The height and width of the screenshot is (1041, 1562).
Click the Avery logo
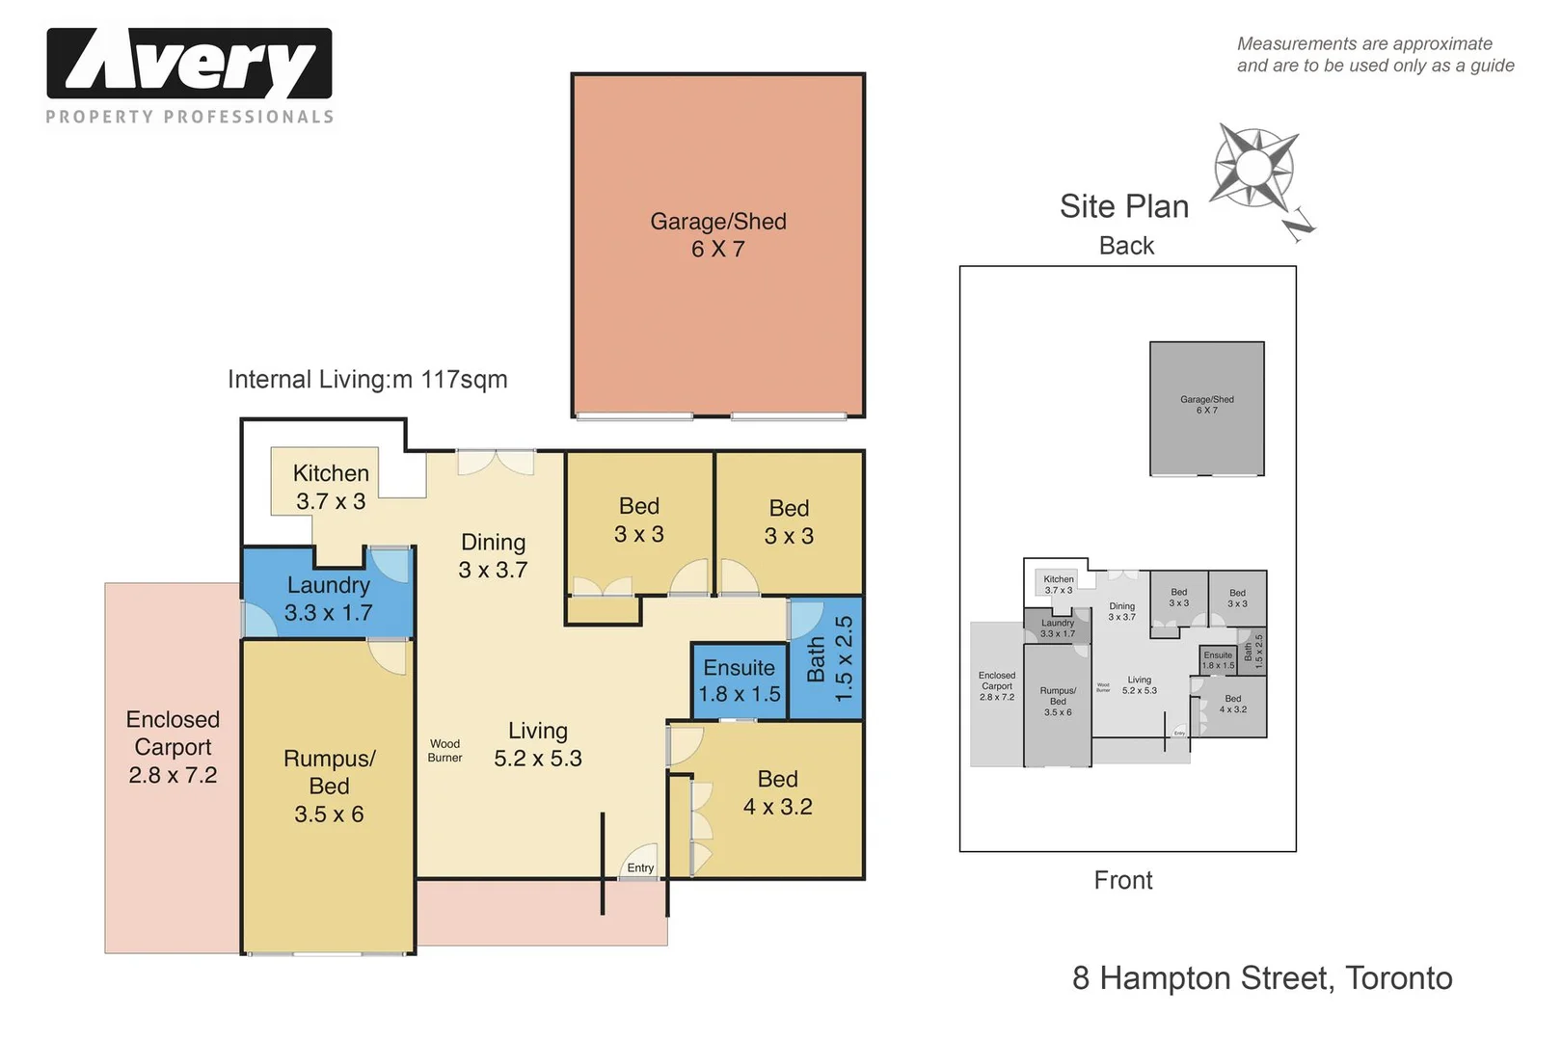coord(189,64)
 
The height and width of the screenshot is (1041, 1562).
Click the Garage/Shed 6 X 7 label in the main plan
coord(718,235)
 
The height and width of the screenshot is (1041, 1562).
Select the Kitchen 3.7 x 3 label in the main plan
coord(331,487)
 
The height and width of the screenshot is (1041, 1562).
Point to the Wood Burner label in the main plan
coord(444,751)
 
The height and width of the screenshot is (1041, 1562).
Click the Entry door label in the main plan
coord(640,867)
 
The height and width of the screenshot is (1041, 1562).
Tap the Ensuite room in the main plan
coord(740,681)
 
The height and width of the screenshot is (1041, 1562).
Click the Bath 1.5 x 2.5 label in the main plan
coord(829,659)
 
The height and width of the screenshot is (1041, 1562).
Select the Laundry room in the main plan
coord(328,599)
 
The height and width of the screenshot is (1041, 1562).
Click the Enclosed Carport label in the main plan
coord(173,747)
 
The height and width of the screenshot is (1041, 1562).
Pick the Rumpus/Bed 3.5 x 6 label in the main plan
coord(329,787)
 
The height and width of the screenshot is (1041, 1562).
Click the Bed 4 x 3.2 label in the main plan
coord(777,792)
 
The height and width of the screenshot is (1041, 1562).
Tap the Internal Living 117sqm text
coord(367,380)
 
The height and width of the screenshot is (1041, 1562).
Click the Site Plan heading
coord(1123,206)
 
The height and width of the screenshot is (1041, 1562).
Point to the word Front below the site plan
coord(1122,880)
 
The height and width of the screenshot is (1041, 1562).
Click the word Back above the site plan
coord(1126,246)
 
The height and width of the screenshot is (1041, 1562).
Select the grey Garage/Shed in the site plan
coord(1206,408)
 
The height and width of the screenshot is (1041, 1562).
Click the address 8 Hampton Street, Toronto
coord(1261,978)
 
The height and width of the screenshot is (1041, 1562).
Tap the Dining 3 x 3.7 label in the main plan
coord(493,556)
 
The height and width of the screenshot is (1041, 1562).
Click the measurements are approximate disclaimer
coord(1374,55)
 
